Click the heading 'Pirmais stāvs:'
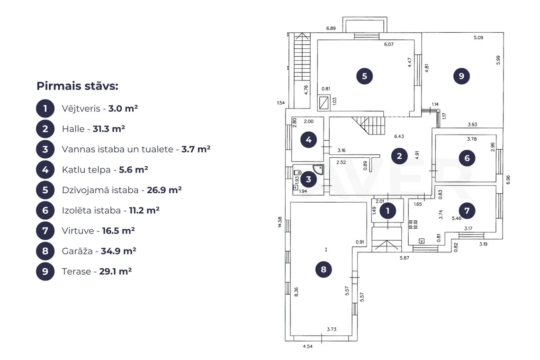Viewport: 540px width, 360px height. (x=77, y=86)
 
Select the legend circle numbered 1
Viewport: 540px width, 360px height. (x=45, y=108)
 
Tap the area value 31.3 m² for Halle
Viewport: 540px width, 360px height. (x=108, y=129)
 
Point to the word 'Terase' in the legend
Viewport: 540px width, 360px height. (x=76, y=271)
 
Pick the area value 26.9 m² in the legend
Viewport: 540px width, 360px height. (x=164, y=190)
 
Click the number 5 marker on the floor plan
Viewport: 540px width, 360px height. (x=364, y=76)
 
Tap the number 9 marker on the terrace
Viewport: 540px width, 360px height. (x=461, y=76)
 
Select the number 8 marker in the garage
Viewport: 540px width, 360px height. (x=324, y=270)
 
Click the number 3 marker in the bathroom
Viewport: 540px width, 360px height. (x=308, y=179)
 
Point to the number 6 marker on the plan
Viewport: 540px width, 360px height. (x=467, y=158)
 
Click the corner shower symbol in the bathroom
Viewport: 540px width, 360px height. (x=319, y=170)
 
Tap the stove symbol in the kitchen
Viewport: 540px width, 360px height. (x=413, y=225)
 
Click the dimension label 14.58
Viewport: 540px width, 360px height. (x=279, y=222)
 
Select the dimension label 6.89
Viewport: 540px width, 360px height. (x=331, y=28)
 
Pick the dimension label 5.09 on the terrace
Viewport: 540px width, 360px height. (x=478, y=37)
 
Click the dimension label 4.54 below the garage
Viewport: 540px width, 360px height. (x=307, y=346)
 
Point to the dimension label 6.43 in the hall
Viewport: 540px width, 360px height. (x=399, y=136)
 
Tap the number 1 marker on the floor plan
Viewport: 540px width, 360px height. (x=388, y=211)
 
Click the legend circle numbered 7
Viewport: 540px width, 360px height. (x=45, y=231)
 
